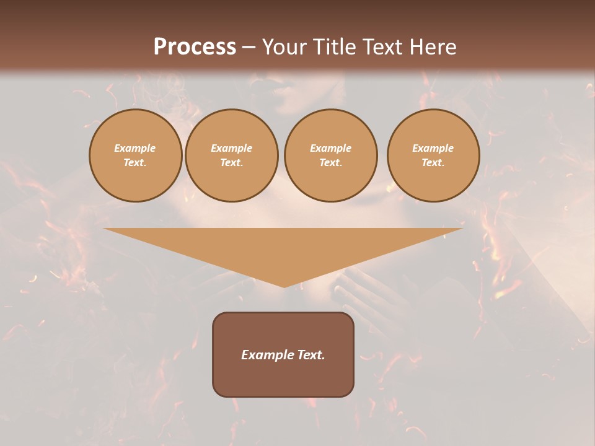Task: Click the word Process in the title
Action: (195, 47)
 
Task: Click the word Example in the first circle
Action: (135, 148)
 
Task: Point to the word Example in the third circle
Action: (330, 148)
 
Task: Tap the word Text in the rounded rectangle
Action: (311, 355)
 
